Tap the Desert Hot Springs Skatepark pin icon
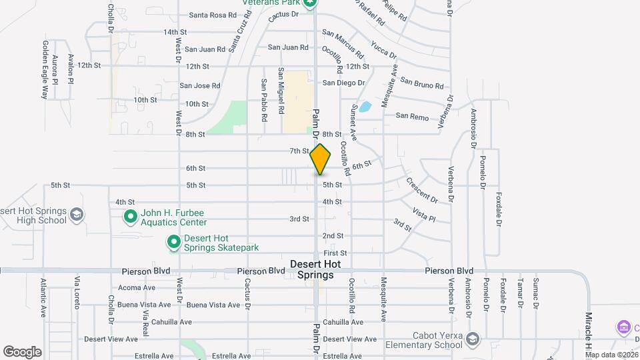(x=173, y=242)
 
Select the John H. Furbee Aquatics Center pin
(x=131, y=217)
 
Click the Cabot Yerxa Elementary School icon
(x=473, y=339)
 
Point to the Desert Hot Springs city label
(x=315, y=269)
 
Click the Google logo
(x=22, y=351)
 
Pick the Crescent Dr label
(x=421, y=190)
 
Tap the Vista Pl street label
(x=423, y=214)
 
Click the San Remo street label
(x=412, y=116)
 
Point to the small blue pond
(x=365, y=106)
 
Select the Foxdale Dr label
(x=497, y=210)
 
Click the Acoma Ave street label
(x=137, y=288)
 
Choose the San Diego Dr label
(x=344, y=83)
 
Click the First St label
(x=335, y=253)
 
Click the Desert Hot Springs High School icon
(x=77, y=215)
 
